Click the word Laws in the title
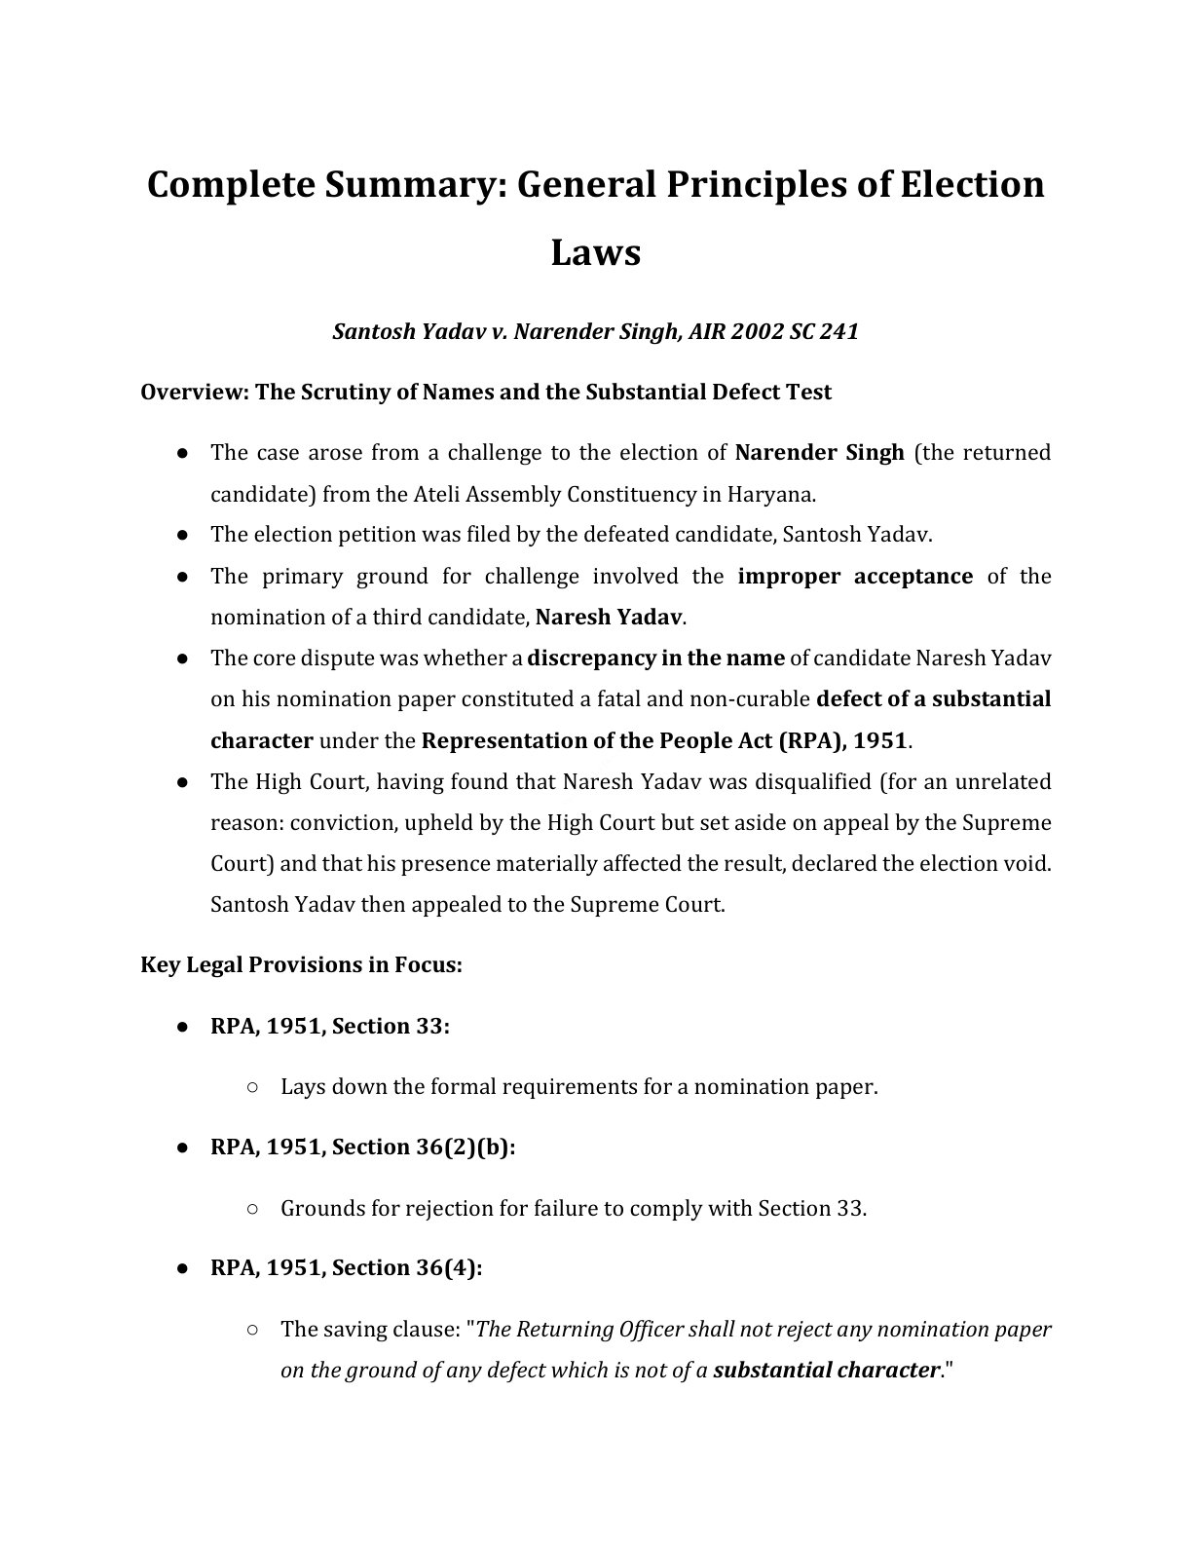[595, 252]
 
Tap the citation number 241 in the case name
[838, 332]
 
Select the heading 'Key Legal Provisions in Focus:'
[301, 965]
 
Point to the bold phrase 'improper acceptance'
[854, 577]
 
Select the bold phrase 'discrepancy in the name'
[655, 659]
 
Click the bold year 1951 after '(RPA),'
[879, 741]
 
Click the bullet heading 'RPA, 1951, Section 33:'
[330, 1027]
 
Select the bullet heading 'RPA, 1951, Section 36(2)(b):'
[362, 1148]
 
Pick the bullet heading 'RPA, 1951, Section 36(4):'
[347, 1268]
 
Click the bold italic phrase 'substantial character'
[826, 1371]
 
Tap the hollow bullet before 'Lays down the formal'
[252, 1087]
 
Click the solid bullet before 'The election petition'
[182, 535]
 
